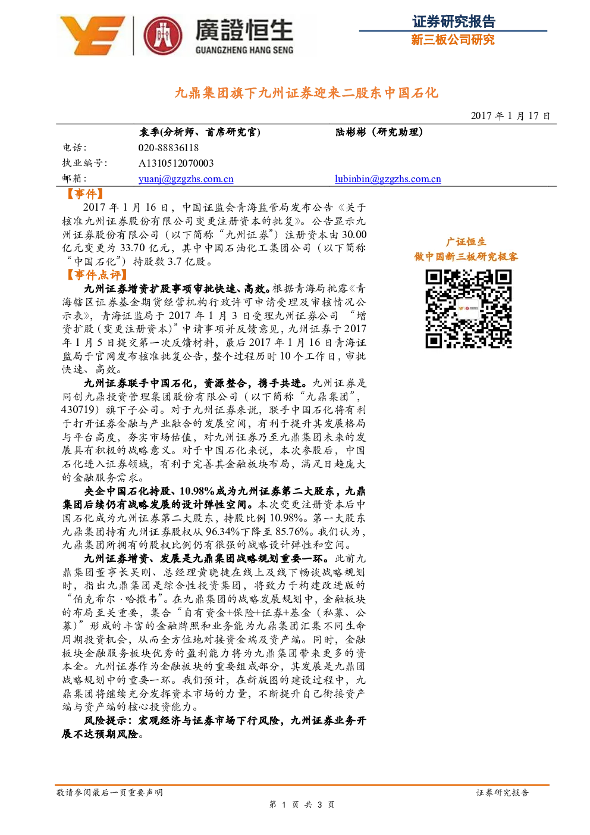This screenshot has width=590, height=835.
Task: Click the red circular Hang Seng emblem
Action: click(163, 36)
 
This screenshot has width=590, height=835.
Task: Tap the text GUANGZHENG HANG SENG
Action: click(244, 50)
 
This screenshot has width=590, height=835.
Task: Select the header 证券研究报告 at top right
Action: click(454, 21)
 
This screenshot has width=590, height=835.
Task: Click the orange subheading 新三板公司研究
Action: click(453, 40)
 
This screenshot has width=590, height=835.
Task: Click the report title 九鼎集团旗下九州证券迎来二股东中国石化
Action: click(306, 93)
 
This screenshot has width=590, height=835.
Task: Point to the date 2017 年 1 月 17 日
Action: click(510, 115)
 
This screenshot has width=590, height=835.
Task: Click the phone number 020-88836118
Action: click(168, 148)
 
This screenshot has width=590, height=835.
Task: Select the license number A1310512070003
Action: click(176, 163)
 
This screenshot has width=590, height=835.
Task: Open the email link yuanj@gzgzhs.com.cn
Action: click(186, 179)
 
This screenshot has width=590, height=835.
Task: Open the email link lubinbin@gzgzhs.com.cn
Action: click(388, 179)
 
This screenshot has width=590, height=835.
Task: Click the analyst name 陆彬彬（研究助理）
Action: click(379, 132)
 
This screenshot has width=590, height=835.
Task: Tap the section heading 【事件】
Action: click(85, 194)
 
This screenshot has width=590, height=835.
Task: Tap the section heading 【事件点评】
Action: click(96, 275)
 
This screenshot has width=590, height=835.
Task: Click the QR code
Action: click(469, 309)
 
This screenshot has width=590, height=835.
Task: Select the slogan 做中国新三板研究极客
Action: click(466, 257)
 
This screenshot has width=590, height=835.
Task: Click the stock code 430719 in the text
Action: click(78, 410)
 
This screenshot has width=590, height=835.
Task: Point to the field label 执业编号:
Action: click(84, 163)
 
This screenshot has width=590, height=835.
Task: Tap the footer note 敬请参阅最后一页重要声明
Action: click(109, 793)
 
